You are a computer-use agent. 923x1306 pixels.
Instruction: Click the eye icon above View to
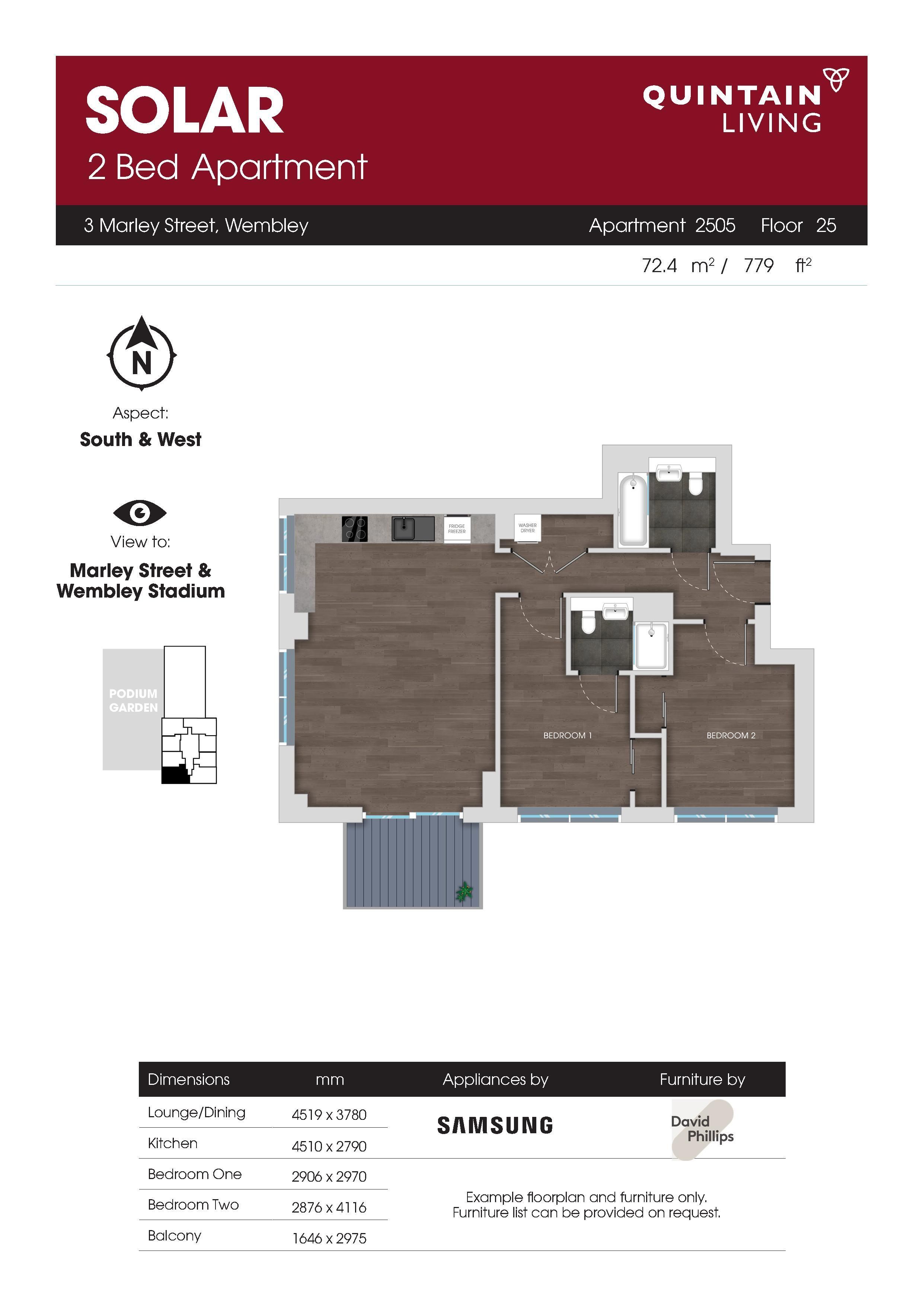(x=140, y=513)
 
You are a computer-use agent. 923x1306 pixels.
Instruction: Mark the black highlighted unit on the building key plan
(x=175, y=775)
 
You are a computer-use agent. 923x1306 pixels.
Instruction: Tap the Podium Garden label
(x=133, y=700)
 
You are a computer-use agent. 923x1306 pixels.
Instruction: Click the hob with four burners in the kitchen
(x=354, y=528)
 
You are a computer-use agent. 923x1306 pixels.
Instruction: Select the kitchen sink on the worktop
(x=413, y=528)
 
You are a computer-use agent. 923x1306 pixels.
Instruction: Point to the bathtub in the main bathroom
(x=632, y=510)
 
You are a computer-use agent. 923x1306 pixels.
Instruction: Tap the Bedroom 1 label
(x=568, y=736)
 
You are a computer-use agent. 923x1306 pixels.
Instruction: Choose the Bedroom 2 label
(x=731, y=736)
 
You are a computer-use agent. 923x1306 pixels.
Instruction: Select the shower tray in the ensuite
(x=651, y=647)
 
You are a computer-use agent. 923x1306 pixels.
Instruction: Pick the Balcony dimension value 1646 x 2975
(x=329, y=1238)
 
